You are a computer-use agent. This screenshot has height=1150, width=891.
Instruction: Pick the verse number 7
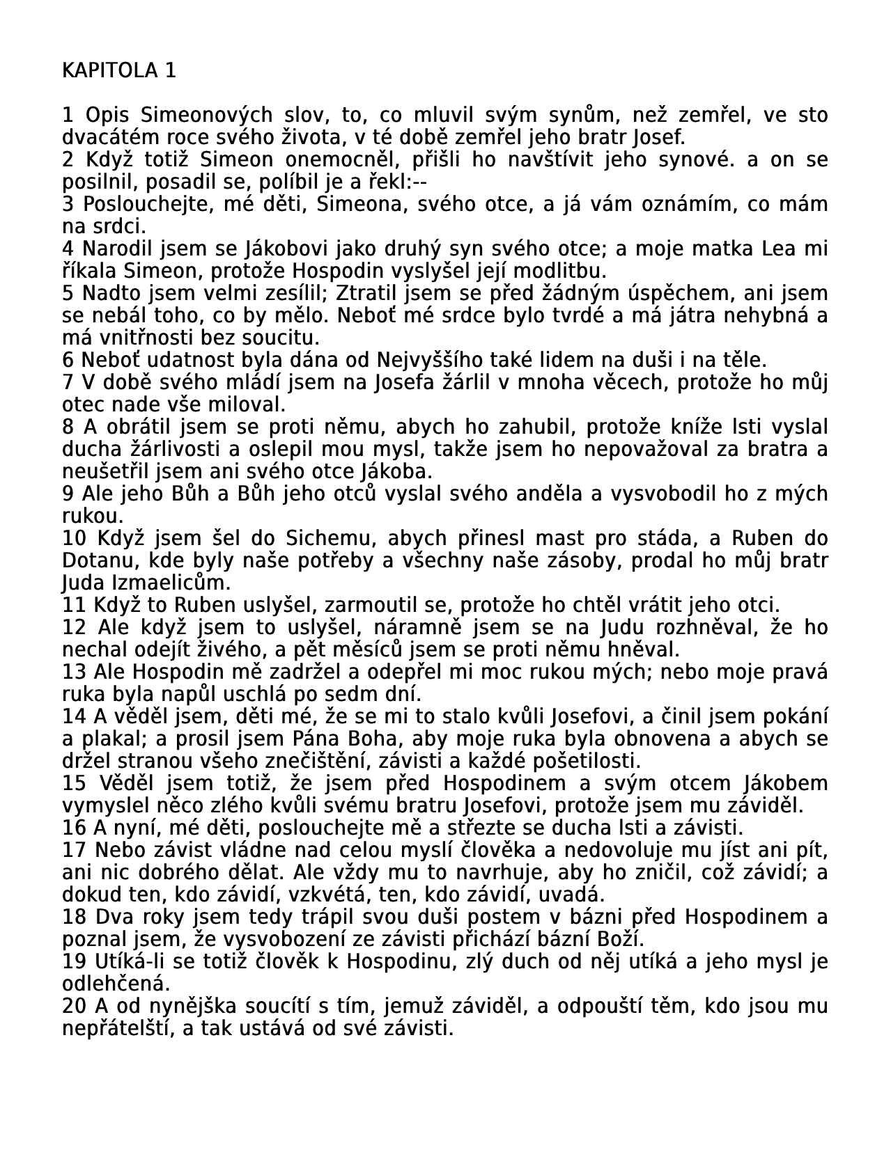(x=68, y=382)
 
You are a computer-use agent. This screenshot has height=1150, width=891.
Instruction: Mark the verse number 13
(x=74, y=672)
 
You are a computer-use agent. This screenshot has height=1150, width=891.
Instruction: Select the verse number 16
(x=74, y=828)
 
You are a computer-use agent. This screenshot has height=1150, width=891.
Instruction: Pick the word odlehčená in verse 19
(x=116, y=984)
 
